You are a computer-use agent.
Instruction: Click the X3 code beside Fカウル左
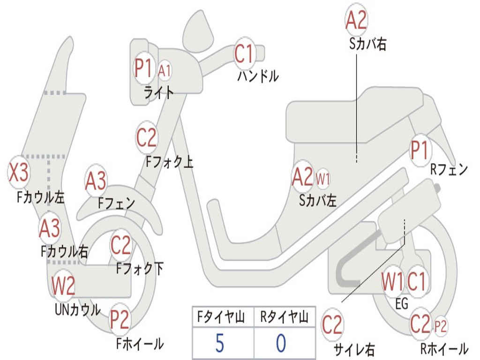(19, 172)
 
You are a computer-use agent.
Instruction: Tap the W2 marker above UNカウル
(63, 285)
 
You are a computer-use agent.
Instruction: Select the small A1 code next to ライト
(165, 71)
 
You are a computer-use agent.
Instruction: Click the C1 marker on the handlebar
(244, 54)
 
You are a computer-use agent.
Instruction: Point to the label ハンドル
(258, 76)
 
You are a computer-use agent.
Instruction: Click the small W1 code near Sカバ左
(323, 179)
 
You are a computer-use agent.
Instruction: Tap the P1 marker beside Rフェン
(420, 150)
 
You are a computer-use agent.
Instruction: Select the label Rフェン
(449, 170)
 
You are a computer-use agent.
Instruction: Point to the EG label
(402, 304)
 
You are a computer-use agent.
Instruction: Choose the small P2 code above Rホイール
(441, 325)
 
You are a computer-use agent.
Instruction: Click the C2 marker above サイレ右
(332, 325)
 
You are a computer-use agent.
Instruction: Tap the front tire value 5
(219, 343)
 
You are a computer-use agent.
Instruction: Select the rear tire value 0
(280, 343)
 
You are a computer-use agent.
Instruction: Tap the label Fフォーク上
(169, 162)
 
